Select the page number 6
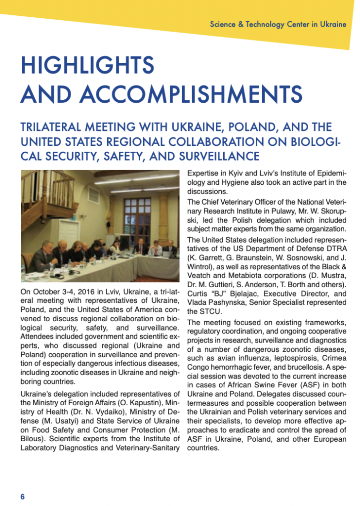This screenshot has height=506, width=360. coord(22,496)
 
